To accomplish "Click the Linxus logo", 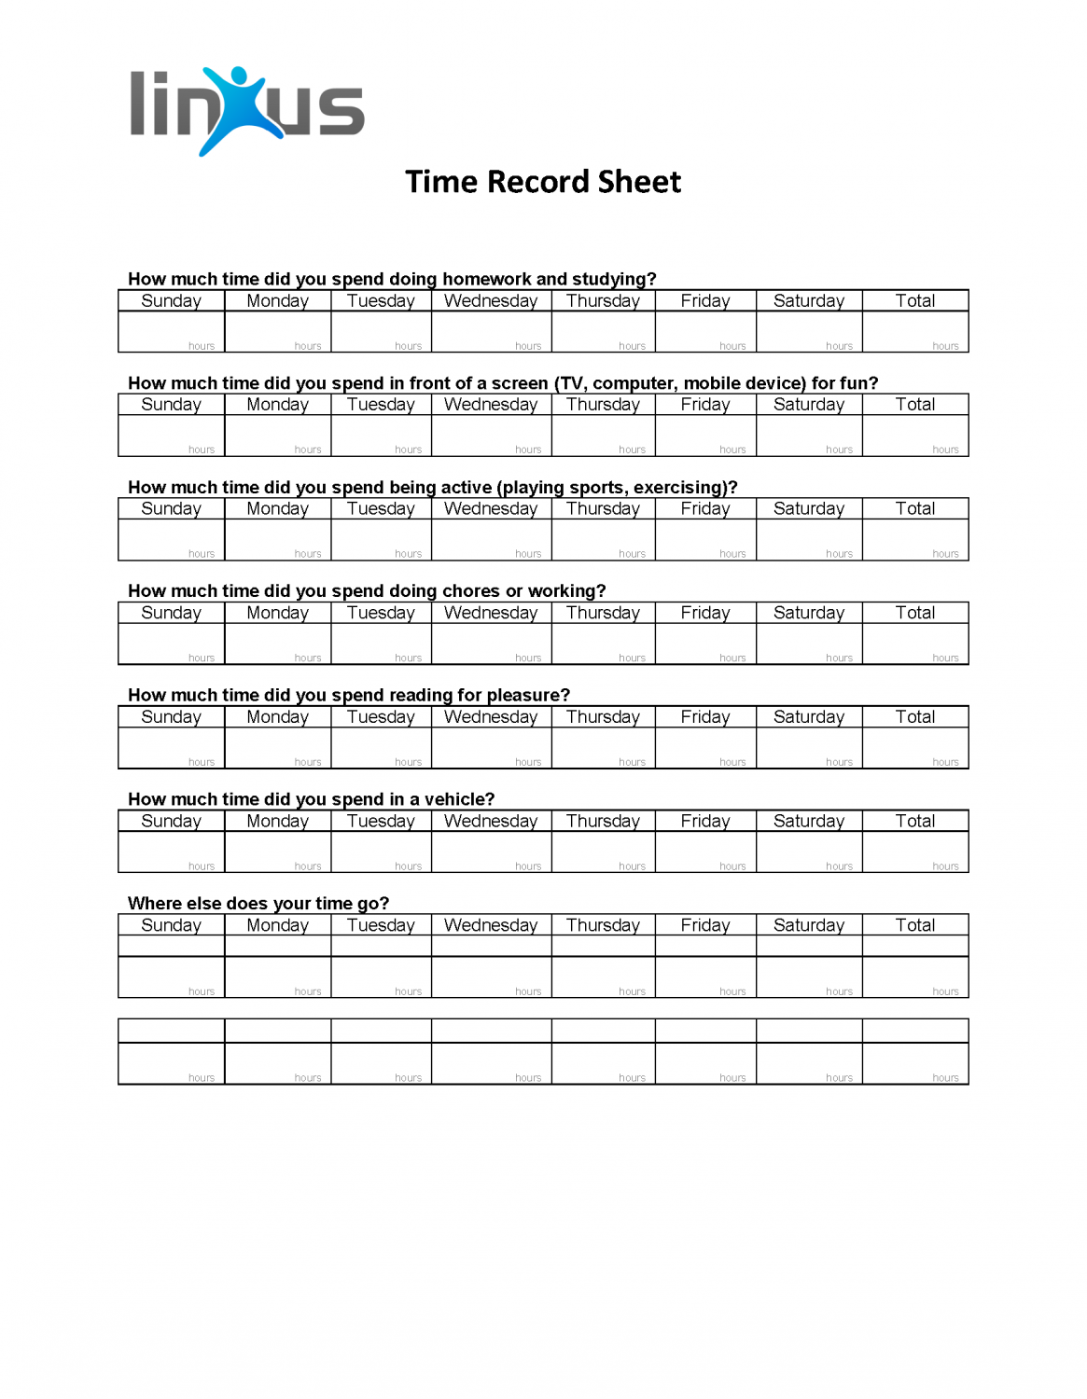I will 246,110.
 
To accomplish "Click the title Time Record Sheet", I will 543,182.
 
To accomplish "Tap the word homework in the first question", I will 485,279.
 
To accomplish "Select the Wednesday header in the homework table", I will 491,301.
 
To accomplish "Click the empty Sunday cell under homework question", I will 171,331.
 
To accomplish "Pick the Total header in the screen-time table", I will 914,405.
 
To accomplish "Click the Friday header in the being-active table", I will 704,509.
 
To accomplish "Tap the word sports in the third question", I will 595,488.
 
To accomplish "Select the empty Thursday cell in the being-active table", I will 603,539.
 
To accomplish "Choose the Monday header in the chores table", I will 277,613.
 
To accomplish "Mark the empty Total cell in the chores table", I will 914,644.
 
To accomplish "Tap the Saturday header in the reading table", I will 808,717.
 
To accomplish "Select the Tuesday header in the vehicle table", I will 381,822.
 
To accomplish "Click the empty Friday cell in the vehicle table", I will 704,852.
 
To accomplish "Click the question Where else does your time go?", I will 258,904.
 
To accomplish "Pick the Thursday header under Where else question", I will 603,925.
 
